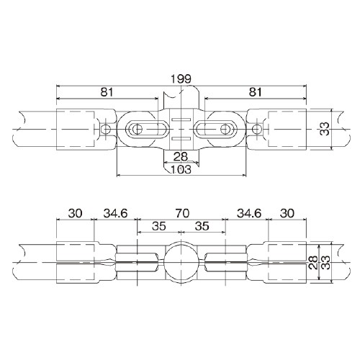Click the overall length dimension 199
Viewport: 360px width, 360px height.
[x=181, y=78]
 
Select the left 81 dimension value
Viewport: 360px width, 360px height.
[x=107, y=92]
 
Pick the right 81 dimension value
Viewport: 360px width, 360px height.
[x=255, y=92]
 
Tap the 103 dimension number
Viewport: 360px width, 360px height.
[x=181, y=169]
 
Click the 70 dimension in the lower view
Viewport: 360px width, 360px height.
[x=182, y=213]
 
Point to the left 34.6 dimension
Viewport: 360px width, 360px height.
[x=115, y=213]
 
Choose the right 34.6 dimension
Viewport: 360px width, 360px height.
[x=249, y=213]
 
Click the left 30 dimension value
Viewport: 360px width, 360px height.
[x=75, y=213]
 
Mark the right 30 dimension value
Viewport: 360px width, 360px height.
[x=287, y=213]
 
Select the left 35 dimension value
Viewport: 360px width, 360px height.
[x=159, y=226]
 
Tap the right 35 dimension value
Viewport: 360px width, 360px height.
[x=202, y=226]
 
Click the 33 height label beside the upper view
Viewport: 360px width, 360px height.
[x=325, y=129]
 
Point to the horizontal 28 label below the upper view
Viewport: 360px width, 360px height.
[x=181, y=157]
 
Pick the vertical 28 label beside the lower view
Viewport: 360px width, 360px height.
[x=313, y=263]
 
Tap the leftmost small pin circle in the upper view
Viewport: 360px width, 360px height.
[x=106, y=129]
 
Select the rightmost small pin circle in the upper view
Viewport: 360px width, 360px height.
[x=256, y=129]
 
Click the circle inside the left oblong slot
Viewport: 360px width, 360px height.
[x=138, y=129]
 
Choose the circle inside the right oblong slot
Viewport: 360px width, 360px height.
[x=225, y=129]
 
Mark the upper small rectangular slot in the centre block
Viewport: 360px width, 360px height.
[x=181, y=120]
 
